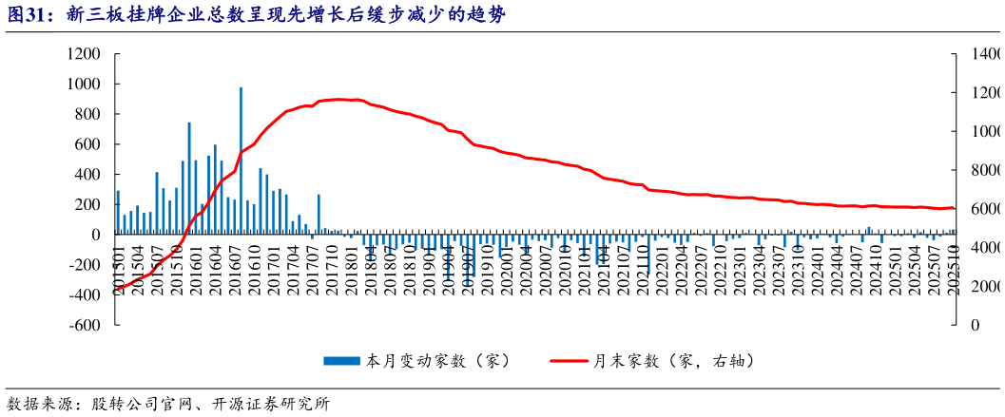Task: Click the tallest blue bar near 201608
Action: pyautogui.click(x=241, y=161)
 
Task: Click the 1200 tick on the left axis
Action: pyautogui.click(x=85, y=54)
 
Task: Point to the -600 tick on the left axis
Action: pyautogui.click(x=84, y=325)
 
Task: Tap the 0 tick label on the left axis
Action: pyautogui.click(x=95, y=235)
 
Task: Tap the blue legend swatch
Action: pyautogui.click(x=343, y=361)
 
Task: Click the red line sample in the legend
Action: pyautogui.click(x=570, y=361)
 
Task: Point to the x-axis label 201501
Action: pyautogui.click(x=119, y=270)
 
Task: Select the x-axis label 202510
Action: pyautogui.click(x=953, y=270)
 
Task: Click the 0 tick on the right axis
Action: pyautogui.click(x=973, y=325)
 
